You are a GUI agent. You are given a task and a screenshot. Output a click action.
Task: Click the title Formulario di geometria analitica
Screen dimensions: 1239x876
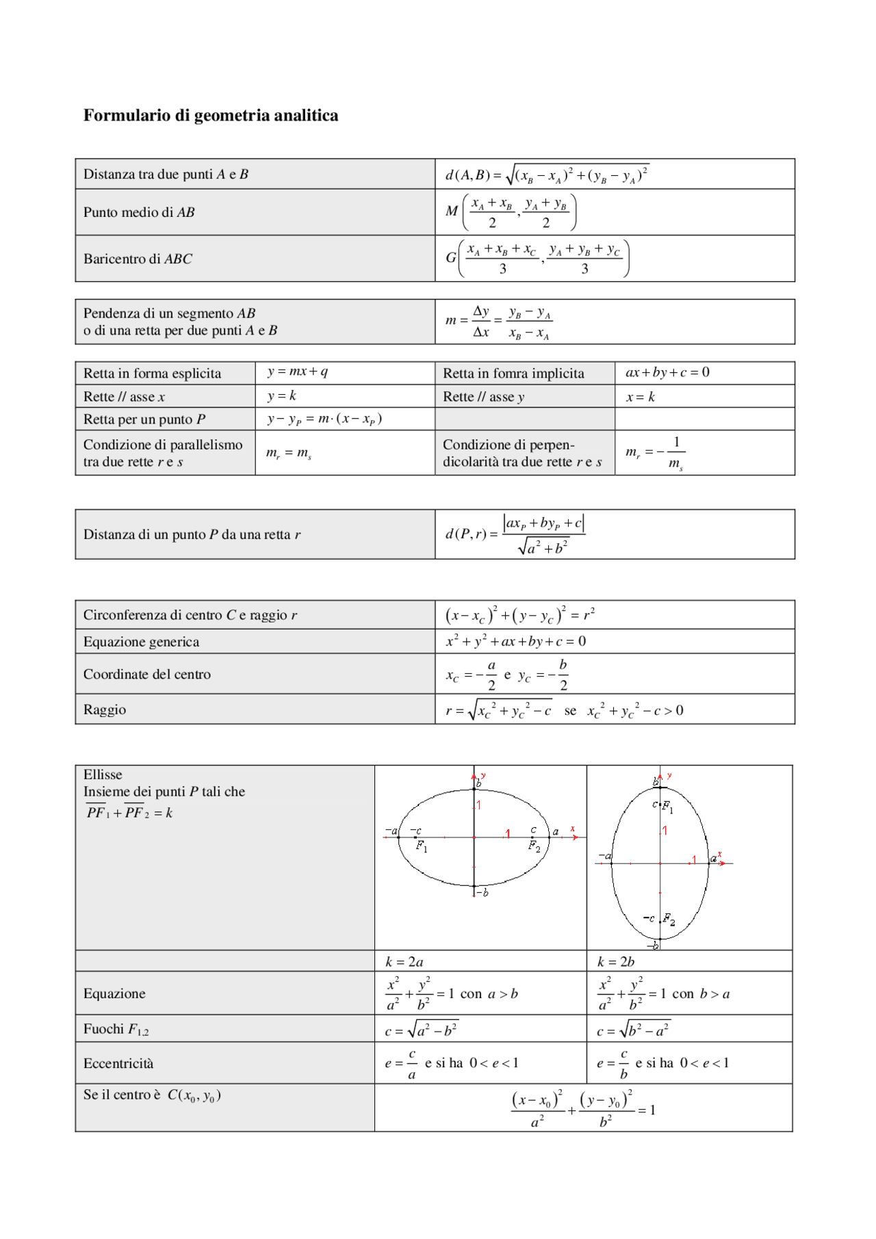point(211,116)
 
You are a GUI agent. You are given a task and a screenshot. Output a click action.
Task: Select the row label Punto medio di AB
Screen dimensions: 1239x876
point(139,213)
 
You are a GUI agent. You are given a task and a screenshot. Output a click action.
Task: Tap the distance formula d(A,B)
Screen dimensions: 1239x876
point(546,175)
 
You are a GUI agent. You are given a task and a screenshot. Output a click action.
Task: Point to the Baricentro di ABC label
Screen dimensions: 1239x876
point(138,259)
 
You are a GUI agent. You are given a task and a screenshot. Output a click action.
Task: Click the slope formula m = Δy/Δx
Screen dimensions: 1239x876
point(498,322)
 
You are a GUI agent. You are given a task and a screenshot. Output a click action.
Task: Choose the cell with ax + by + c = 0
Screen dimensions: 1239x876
point(667,373)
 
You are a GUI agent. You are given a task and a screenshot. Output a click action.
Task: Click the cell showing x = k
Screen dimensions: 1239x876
point(641,397)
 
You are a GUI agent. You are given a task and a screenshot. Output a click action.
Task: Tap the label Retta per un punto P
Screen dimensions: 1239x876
point(144,419)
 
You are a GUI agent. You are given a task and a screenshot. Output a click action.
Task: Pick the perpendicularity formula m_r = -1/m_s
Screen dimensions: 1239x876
point(655,453)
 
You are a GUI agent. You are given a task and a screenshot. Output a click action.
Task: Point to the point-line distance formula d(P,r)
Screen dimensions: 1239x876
point(515,534)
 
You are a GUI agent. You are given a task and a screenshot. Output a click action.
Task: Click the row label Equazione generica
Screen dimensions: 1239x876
point(142,642)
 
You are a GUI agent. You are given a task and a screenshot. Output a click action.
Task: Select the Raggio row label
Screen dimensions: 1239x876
point(105,710)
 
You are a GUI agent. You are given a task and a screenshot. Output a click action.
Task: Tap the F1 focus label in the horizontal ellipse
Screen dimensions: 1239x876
point(422,846)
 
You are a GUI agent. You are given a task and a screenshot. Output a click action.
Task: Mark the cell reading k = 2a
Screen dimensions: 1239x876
point(404,962)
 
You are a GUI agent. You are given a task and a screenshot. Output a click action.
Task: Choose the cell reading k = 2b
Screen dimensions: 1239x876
point(616,962)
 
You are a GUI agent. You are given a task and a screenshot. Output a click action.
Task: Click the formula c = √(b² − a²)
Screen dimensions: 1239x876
point(633,1030)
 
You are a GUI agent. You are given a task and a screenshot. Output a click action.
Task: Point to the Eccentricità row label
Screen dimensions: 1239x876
point(118,1064)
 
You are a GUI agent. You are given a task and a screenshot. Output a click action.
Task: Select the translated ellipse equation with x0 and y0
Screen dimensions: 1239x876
point(583,1109)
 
